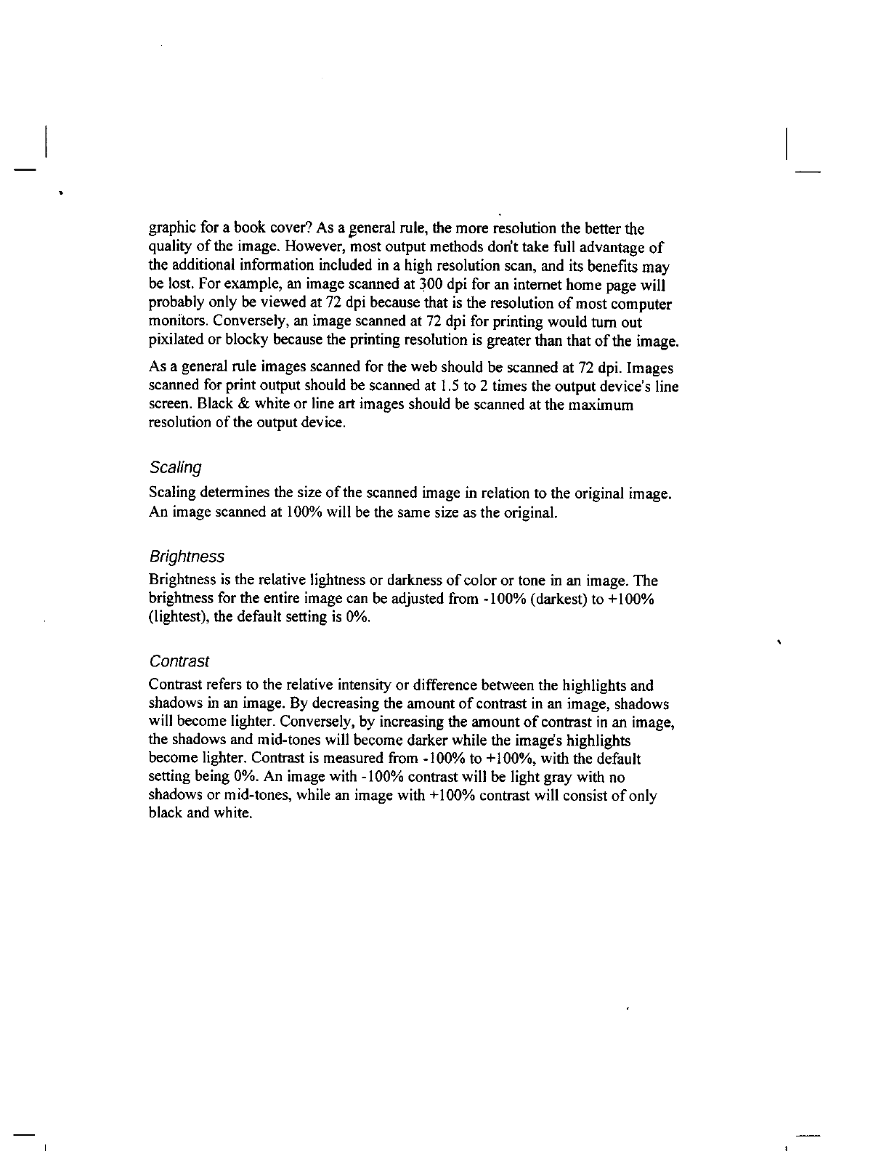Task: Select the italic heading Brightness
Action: [186, 557]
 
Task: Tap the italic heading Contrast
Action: [179, 661]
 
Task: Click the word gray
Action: [547, 778]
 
